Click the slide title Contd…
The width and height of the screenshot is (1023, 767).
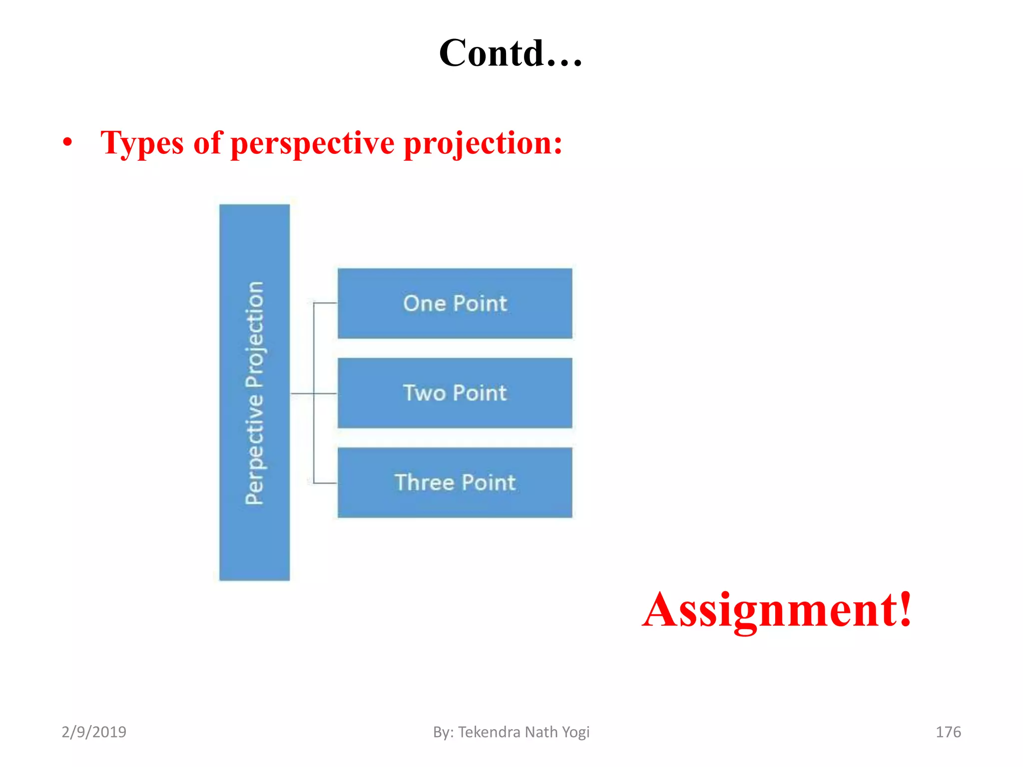(511, 53)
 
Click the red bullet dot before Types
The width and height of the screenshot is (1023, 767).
(67, 143)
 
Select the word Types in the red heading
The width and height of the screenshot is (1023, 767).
(142, 144)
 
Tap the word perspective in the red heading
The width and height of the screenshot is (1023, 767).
(313, 144)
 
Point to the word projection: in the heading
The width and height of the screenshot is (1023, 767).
(483, 144)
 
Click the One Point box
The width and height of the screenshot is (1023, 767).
(455, 303)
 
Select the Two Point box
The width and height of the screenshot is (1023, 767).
(455, 393)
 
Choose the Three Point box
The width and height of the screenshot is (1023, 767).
(455, 482)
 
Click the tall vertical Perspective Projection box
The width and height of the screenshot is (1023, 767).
(254, 539)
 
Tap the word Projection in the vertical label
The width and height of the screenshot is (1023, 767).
(255, 334)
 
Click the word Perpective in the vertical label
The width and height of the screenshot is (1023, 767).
(255, 449)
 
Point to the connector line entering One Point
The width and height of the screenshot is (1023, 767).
(325, 303)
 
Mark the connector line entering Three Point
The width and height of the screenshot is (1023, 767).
(325, 483)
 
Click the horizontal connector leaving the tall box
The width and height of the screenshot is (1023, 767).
(302, 393)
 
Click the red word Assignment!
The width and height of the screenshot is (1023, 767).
(777, 610)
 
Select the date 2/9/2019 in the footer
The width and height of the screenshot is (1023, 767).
(94, 732)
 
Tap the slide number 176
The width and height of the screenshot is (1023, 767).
(948, 732)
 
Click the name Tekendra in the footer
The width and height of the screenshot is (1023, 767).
(490, 732)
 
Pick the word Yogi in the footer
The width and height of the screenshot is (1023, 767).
(575, 732)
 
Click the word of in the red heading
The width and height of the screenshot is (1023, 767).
(207, 144)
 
